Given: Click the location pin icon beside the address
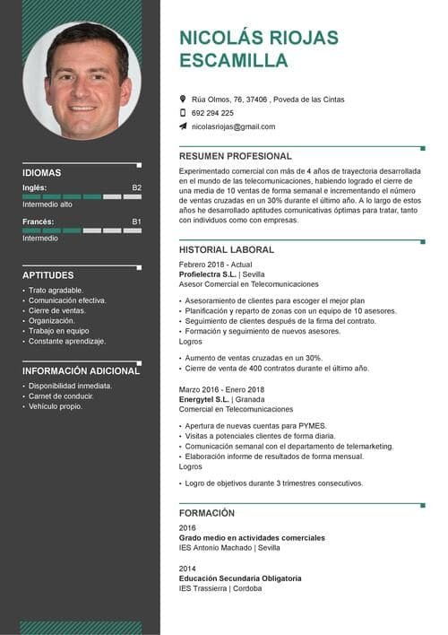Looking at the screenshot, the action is tap(183, 99).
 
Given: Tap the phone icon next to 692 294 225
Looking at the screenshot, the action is tap(183, 113).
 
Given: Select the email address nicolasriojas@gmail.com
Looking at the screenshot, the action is tap(233, 127).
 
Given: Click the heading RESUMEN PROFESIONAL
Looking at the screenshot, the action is tap(236, 156).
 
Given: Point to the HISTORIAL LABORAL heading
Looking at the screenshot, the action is tap(227, 249).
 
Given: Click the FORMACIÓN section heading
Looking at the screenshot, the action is tap(207, 513).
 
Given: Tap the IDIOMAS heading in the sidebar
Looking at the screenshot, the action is tap(42, 173).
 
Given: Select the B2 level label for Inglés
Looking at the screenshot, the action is tap(136, 187).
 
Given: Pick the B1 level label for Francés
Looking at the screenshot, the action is tap(136, 222).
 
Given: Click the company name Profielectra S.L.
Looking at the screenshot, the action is tap(212, 274).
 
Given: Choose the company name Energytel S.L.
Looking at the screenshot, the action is tap(209, 400).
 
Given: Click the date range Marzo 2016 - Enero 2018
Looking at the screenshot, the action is tap(221, 390).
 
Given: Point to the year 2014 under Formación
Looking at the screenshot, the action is tap(187, 569).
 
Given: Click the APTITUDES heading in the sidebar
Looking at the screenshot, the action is tap(48, 275).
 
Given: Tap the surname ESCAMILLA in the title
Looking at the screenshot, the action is tap(234, 61).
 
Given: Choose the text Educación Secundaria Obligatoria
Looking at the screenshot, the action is tap(240, 578).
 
